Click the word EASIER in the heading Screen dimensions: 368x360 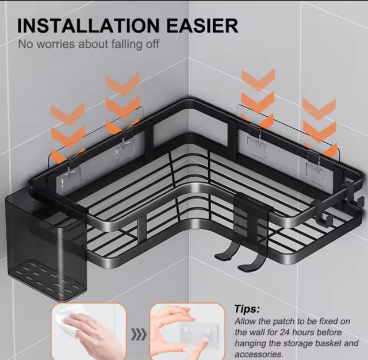tap(202, 25)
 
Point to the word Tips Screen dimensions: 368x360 tap(247, 309)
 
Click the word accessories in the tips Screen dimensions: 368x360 tap(259, 354)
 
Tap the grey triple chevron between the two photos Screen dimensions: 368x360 tap(139, 335)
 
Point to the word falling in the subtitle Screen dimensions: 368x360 tap(126, 44)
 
